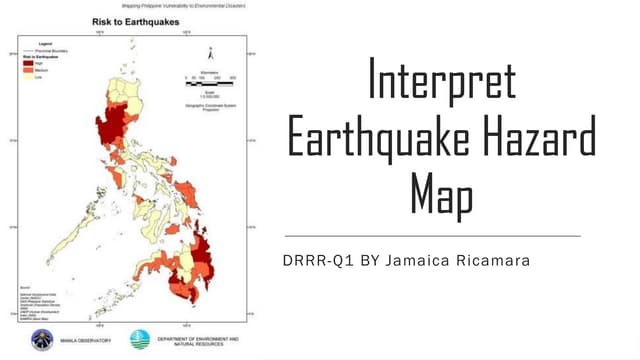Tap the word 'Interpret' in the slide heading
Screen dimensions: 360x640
(442, 83)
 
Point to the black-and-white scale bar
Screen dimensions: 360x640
(209, 78)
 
